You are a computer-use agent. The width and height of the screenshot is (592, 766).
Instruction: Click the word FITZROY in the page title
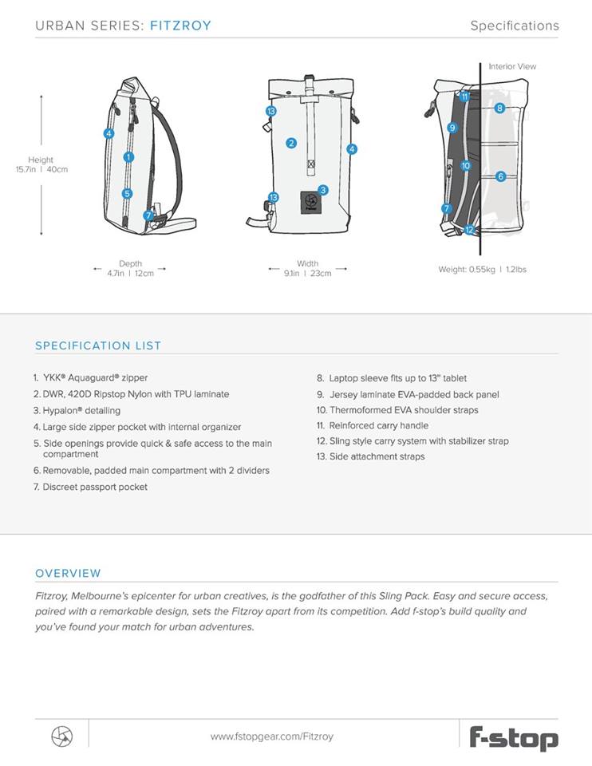tap(180, 26)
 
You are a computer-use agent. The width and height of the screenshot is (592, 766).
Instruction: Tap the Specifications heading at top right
tap(514, 26)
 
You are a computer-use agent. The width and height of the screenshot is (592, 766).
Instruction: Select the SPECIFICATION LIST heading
tap(98, 345)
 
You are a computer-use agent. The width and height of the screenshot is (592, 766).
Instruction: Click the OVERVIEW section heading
tap(68, 573)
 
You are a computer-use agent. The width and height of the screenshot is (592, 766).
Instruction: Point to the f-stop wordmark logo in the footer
tap(513, 736)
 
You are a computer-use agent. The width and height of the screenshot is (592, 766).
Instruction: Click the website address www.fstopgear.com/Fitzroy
tap(272, 736)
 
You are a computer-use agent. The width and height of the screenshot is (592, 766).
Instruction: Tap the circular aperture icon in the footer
tap(61, 736)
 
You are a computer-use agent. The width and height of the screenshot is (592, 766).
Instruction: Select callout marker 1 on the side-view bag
tap(128, 157)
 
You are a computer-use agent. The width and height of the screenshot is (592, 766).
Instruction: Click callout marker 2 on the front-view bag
tap(291, 144)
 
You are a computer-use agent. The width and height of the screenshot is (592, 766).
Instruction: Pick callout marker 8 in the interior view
tap(499, 108)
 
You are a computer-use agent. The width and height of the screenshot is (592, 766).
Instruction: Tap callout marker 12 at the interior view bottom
tap(469, 230)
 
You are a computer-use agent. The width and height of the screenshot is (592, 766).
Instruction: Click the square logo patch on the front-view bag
tap(311, 203)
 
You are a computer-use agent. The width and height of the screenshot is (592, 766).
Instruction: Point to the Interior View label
tap(512, 67)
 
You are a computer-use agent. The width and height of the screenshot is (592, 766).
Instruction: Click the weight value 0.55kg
tap(464, 270)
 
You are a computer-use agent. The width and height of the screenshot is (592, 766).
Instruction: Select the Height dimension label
tap(41, 160)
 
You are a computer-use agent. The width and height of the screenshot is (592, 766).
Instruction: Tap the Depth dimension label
tap(130, 263)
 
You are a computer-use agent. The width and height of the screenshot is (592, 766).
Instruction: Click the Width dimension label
tap(307, 263)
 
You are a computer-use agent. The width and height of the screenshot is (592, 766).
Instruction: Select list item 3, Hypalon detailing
tap(77, 410)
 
